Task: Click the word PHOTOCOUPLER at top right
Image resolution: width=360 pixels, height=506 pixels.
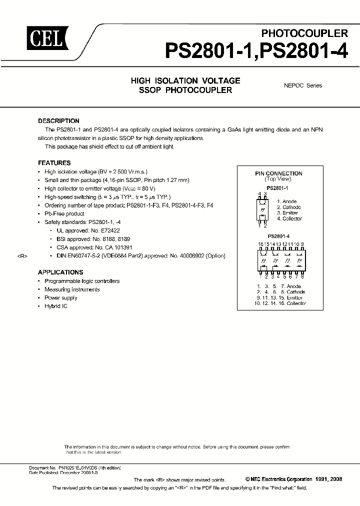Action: click(x=304, y=33)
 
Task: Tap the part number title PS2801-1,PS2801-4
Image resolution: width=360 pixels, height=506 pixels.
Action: click(x=256, y=51)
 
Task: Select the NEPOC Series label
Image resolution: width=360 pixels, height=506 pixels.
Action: click(x=303, y=85)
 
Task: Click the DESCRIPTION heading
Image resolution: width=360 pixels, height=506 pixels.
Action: click(x=58, y=121)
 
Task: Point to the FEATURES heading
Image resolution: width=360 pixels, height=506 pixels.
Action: click(x=54, y=163)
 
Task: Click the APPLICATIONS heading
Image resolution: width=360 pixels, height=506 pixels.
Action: click(x=60, y=272)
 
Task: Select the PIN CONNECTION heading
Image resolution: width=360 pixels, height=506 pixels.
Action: click(x=278, y=173)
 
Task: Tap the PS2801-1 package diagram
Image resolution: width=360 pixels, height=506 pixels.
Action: click(x=262, y=209)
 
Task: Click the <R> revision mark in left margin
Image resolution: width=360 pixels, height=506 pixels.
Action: click(x=22, y=256)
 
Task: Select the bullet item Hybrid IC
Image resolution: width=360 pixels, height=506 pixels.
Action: click(x=55, y=306)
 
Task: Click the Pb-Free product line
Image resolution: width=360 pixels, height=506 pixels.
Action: click(x=64, y=214)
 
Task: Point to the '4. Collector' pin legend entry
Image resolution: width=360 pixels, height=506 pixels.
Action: click(x=289, y=219)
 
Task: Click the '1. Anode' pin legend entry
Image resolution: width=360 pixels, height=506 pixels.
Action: click(x=287, y=201)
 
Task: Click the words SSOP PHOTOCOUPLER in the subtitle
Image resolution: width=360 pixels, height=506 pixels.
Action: click(x=185, y=90)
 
